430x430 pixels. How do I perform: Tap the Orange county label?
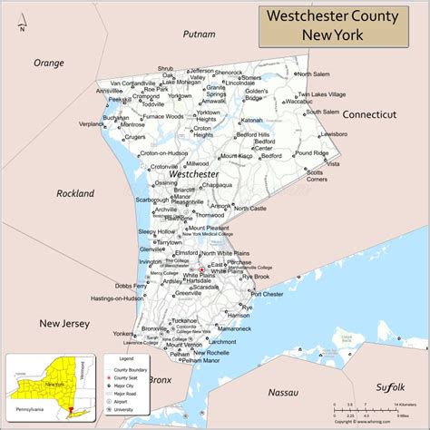[49, 63]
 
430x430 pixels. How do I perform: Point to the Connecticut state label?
[369, 114]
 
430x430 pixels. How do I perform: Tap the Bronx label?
[160, 379]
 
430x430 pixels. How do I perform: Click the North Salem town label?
[314, 74]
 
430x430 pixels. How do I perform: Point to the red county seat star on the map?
[201, 269]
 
